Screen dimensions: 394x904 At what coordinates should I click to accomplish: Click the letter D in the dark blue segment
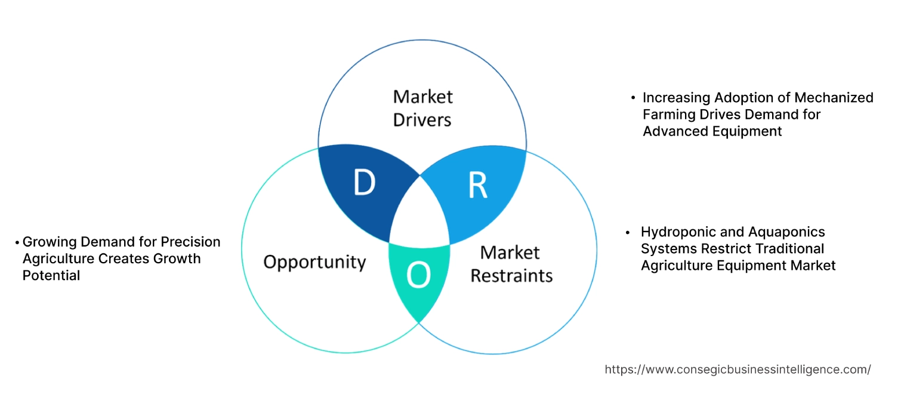(364, 183)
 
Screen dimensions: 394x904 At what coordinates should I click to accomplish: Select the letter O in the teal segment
(418, 275)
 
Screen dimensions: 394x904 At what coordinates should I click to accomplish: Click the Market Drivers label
(422, 108)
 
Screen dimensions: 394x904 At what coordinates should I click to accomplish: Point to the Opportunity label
(314, 261)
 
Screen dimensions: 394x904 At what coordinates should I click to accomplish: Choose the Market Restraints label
(511, 264)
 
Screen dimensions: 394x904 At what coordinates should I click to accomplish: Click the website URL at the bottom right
(738, 370)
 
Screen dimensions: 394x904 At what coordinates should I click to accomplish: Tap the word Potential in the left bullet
(51, 276)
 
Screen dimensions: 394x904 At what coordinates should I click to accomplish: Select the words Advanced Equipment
(712, 131)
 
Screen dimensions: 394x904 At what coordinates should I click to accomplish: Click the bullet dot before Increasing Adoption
(633, 97)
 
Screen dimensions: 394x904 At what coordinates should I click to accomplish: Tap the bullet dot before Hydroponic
(628, 232)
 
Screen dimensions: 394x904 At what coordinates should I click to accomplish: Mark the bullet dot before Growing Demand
(17, 242)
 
